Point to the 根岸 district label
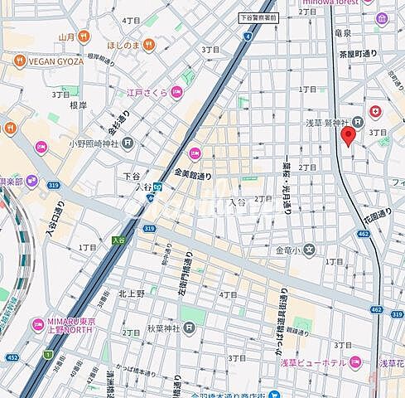coord(78,105)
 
